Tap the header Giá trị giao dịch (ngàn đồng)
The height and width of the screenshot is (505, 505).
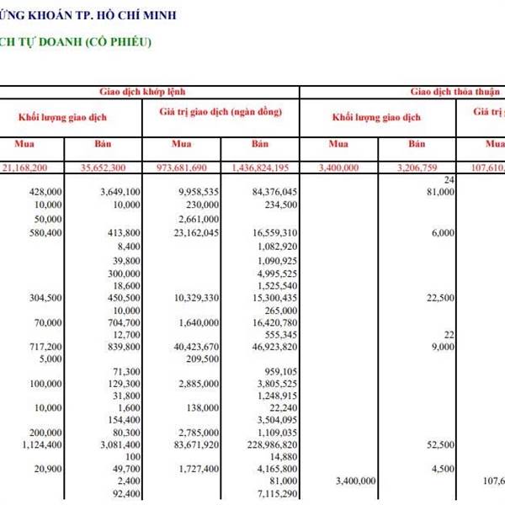click(x=220, y=112)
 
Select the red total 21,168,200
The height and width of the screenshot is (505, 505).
click(x=34, y=168)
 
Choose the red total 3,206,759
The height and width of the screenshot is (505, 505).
click(x=418, y=168)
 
